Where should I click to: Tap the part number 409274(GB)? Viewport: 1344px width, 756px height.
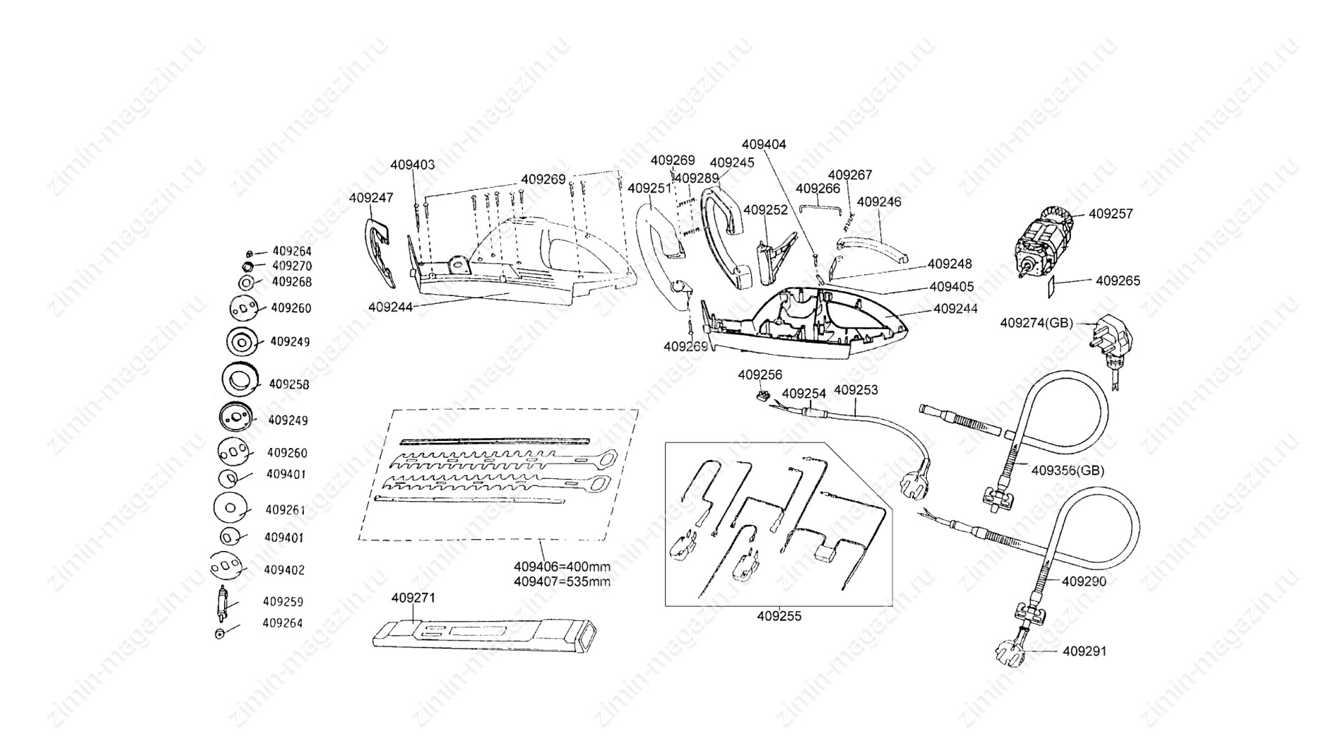[1036, 323]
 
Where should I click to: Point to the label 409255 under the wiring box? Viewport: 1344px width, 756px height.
[779, 616]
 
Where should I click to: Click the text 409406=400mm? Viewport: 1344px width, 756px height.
[562, 566]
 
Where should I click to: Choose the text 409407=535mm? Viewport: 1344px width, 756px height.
[562, 581]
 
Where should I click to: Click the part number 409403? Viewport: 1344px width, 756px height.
[412, 165]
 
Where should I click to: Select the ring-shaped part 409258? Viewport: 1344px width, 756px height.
[240, 379]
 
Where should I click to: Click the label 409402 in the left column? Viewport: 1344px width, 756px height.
[284, 570]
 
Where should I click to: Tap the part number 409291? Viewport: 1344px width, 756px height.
[1085, 651]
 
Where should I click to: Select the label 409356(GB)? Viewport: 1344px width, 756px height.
[1067, 470]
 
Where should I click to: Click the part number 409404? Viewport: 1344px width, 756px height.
[764, 144]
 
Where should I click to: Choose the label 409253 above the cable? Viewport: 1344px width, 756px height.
[856, 390]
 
